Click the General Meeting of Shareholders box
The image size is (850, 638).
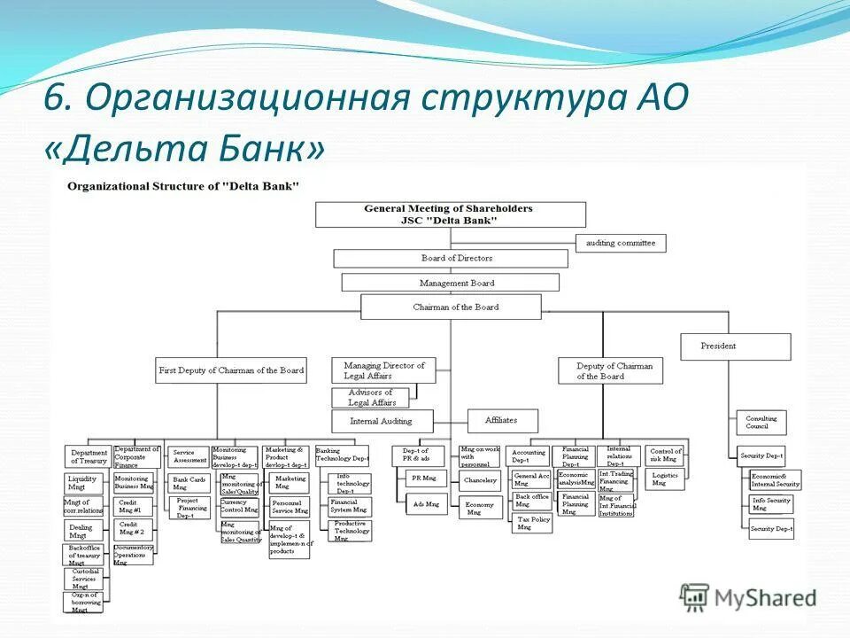450,214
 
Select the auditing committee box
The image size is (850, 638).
621,243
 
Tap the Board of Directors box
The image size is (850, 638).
450,259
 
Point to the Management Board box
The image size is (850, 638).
450,283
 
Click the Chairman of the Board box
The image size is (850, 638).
450,307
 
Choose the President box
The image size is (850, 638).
735,346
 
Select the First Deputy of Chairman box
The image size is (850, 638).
230,370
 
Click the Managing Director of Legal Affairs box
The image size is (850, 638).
383,370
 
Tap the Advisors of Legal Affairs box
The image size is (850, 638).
370,398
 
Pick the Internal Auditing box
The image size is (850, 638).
383,421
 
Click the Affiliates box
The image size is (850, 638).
500,420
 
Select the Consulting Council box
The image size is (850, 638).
761,423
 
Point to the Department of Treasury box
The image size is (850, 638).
89,456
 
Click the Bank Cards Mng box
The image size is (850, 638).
188,483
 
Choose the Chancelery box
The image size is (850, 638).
479,481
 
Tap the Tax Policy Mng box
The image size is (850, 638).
532,523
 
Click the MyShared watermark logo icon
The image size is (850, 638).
695,596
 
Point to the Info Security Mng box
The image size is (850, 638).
771,504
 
